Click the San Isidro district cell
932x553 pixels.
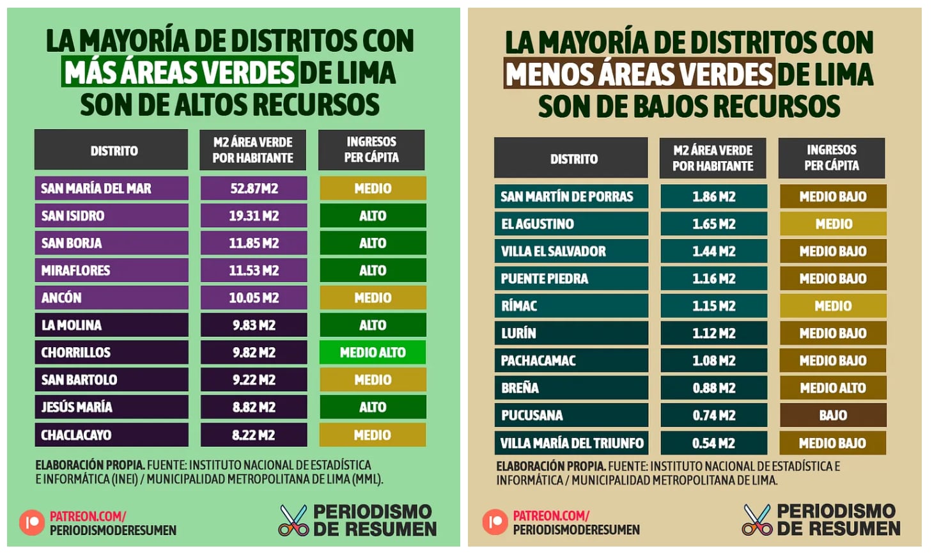(x=111, y=215)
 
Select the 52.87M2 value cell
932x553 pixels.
(x=254, y=189)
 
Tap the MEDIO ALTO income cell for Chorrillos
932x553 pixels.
(x=373, y=352)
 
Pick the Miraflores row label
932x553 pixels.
(x=111, y=270)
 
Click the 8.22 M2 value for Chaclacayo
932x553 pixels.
(x=254, y=435)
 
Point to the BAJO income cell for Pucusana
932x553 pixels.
(x=833, y=416)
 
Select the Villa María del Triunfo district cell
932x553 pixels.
(x=571, y=443)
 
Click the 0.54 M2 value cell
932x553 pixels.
(x=713, y=443)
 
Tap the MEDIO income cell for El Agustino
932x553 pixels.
(x=833, y=224)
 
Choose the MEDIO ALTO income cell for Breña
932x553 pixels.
(x=833, y=388)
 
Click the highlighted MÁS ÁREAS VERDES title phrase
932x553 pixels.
(x=179, y=72)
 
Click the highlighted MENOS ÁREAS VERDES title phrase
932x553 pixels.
(x=639, y=74)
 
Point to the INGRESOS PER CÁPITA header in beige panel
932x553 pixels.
(x=831, y=158)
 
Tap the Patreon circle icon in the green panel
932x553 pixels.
(x=32, y=522)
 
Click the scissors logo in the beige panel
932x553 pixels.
(x=757, y=520)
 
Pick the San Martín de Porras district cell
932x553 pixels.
(x=571, y=196)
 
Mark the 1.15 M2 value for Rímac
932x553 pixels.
(x=713, y=306)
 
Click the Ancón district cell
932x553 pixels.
(x=111, y=298)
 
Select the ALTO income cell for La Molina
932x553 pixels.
(x=373, y=325)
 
